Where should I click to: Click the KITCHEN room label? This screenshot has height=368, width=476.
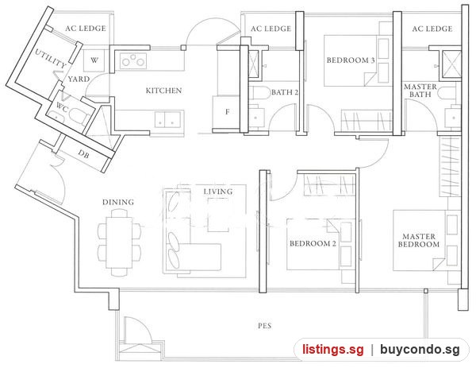tap(163, 91)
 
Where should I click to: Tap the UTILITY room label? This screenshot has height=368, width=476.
tap(51, 58)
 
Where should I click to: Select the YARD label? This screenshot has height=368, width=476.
tap(79, 79)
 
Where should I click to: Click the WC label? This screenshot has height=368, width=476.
tap(62, 107)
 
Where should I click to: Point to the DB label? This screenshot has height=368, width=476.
tap(83, 154)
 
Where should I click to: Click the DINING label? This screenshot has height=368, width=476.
tap(118, 202)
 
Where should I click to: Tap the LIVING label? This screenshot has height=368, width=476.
tap(218, 192)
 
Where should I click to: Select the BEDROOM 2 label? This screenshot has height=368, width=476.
tap(313, 243)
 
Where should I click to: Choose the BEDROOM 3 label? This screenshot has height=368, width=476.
tap(351, 60)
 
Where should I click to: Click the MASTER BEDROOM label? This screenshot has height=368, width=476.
tap(419, 240)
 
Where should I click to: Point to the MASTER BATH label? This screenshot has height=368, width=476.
tap(420, 91)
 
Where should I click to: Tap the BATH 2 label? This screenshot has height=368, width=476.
tap(285, 92)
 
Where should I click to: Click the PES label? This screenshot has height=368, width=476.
tap(265, 326)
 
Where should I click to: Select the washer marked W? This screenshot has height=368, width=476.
tap(94, 60)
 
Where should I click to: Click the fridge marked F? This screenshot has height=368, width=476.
tap(227, 112)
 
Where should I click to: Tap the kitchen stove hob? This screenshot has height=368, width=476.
tap(133, 60)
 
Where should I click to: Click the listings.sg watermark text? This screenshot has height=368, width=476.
tap(332, 350)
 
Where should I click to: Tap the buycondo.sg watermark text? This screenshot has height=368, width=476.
tap(420, 350)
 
